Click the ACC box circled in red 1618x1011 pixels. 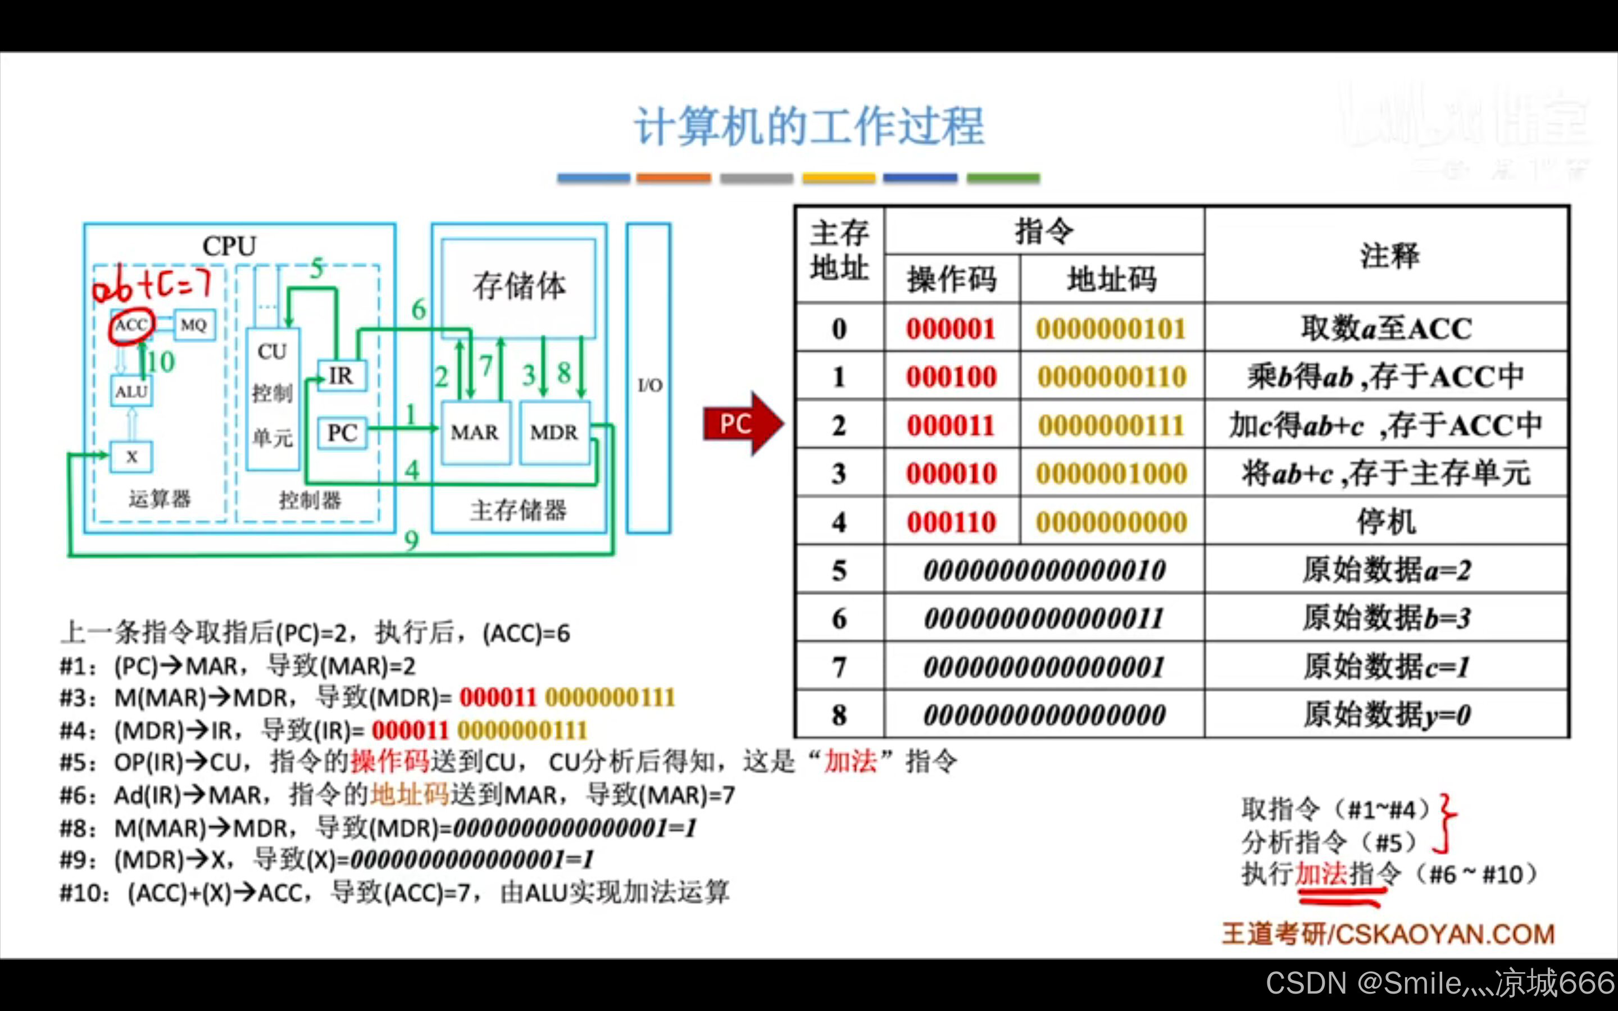click(131, 326)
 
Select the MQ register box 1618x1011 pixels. click(194, 325)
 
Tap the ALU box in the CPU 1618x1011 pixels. click(131, 391)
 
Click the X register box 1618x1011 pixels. click(131, 457)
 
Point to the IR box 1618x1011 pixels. click(341, 376)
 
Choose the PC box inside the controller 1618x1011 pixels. click(342, 432)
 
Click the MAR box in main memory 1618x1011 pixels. click(475, 432)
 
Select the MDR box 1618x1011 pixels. click(555, 432)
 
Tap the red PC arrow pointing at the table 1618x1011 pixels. click(741, 424)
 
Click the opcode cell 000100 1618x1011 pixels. click(951, 377)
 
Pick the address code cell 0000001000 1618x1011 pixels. click(1112, 474)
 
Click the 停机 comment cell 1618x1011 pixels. click(1386, 522)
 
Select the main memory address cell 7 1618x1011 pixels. click(839, 667)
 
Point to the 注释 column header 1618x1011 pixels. click(1389, 256)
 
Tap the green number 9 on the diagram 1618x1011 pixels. click(412, 540)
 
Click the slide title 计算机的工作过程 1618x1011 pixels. click(809, 127)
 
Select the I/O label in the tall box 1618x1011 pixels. click(649, 385)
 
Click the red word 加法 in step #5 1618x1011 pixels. click(850, 762)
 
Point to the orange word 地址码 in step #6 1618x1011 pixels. click(410, 795)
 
